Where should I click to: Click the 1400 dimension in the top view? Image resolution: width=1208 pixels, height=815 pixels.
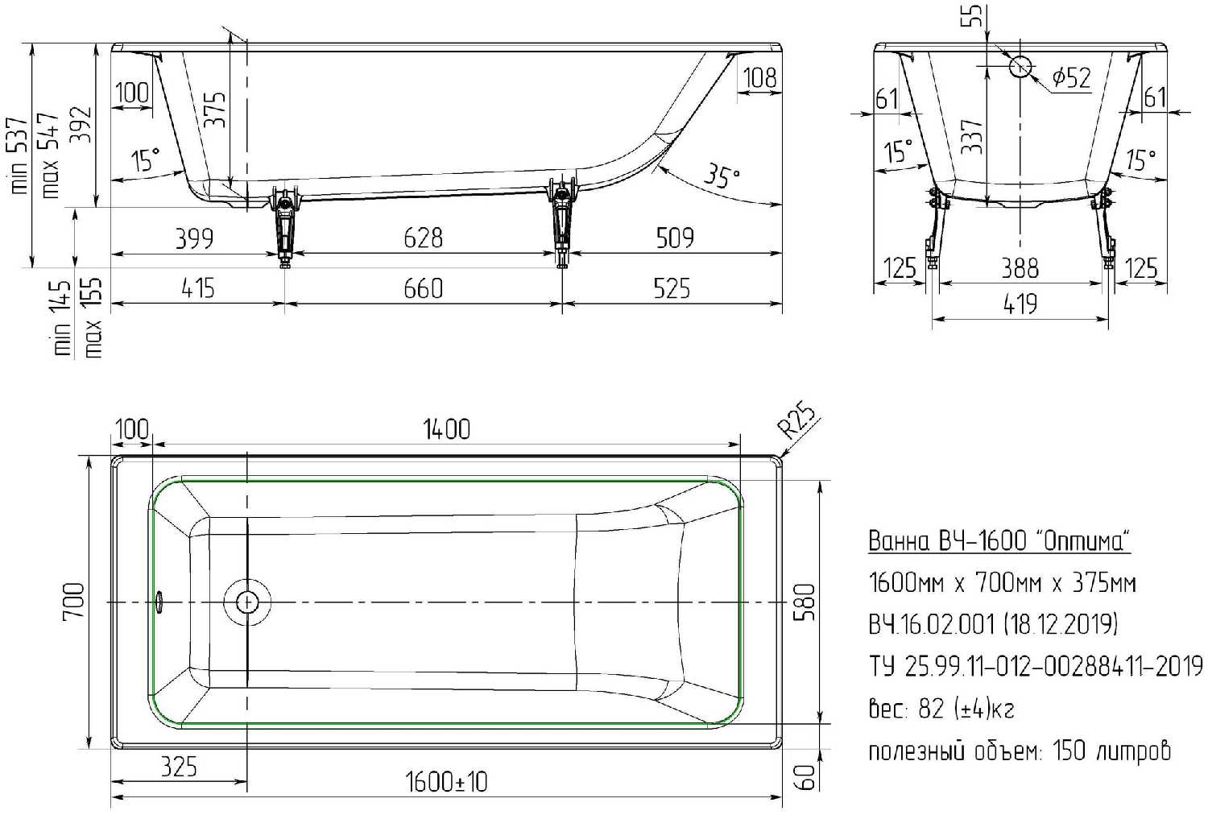(446, 430)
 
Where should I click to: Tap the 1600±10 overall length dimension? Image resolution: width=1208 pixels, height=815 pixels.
(446, 782)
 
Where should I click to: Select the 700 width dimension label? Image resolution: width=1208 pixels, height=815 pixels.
(74, 601)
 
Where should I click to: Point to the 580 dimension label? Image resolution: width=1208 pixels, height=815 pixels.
(805, 602)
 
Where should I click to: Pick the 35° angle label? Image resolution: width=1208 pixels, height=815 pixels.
(722, 176)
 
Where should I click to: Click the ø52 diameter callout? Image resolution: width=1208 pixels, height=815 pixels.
(1071, 77)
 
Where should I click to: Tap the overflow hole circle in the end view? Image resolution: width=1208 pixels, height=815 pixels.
(1020, 67)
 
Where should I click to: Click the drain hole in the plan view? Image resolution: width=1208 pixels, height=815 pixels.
(247, 602)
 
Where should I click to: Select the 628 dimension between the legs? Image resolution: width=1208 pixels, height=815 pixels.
(424, 238)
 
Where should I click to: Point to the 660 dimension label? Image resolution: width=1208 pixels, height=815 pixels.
(424, 288)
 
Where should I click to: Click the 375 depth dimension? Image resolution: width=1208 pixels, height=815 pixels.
(215, 110)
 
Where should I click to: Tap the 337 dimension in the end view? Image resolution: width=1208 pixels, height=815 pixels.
(972, 136)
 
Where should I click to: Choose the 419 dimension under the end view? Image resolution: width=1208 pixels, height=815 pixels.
(1020, 304)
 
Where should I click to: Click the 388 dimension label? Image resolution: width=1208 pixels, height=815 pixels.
(1020, 268)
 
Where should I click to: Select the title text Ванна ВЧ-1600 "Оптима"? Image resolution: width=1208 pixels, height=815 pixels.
(999, 540)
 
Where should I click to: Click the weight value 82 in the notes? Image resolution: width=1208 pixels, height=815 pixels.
(930, 709)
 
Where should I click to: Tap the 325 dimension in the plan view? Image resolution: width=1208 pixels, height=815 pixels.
(179, 767)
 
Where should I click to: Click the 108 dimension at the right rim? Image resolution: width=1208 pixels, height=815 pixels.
(760, 77)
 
